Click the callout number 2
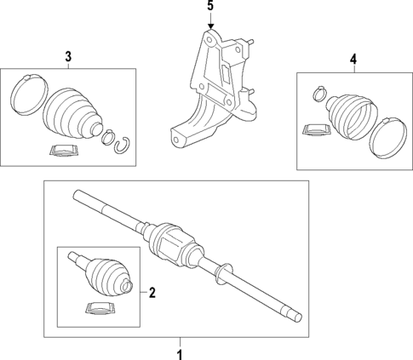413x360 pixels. [152, 294]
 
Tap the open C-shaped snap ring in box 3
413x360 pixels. [121, 142]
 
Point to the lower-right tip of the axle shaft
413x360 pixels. [298, 317]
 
